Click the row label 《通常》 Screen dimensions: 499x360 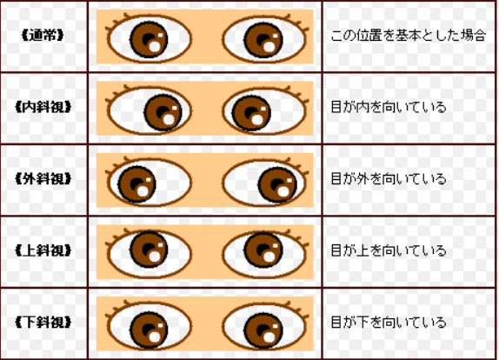point(43,36)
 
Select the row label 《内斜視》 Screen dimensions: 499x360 point(43,107)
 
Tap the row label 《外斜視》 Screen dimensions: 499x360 point(43,179)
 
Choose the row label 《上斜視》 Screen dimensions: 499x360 point(43,250)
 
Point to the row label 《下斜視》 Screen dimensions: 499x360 point(43,323)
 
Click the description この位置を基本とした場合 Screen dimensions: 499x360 point(409,36)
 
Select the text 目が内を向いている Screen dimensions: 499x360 point(389,107)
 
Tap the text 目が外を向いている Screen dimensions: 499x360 point(389,179)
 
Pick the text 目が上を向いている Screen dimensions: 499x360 point(389,250)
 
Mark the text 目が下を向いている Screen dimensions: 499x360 point(389,323)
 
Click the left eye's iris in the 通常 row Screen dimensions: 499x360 point(149,40)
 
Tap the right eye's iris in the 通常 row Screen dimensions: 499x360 point(263,40)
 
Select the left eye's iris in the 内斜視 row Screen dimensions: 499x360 point(163,112)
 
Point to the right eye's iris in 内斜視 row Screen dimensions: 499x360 point(251,113)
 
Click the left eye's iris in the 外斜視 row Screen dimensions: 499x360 point(136,184)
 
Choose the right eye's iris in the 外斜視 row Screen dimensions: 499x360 point(277,184)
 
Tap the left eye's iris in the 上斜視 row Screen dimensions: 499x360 point(149,249)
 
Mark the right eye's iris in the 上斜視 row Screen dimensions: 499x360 point(263,250)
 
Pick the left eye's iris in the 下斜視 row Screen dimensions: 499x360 point(149,330)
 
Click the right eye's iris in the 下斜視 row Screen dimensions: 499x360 point(263,330)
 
